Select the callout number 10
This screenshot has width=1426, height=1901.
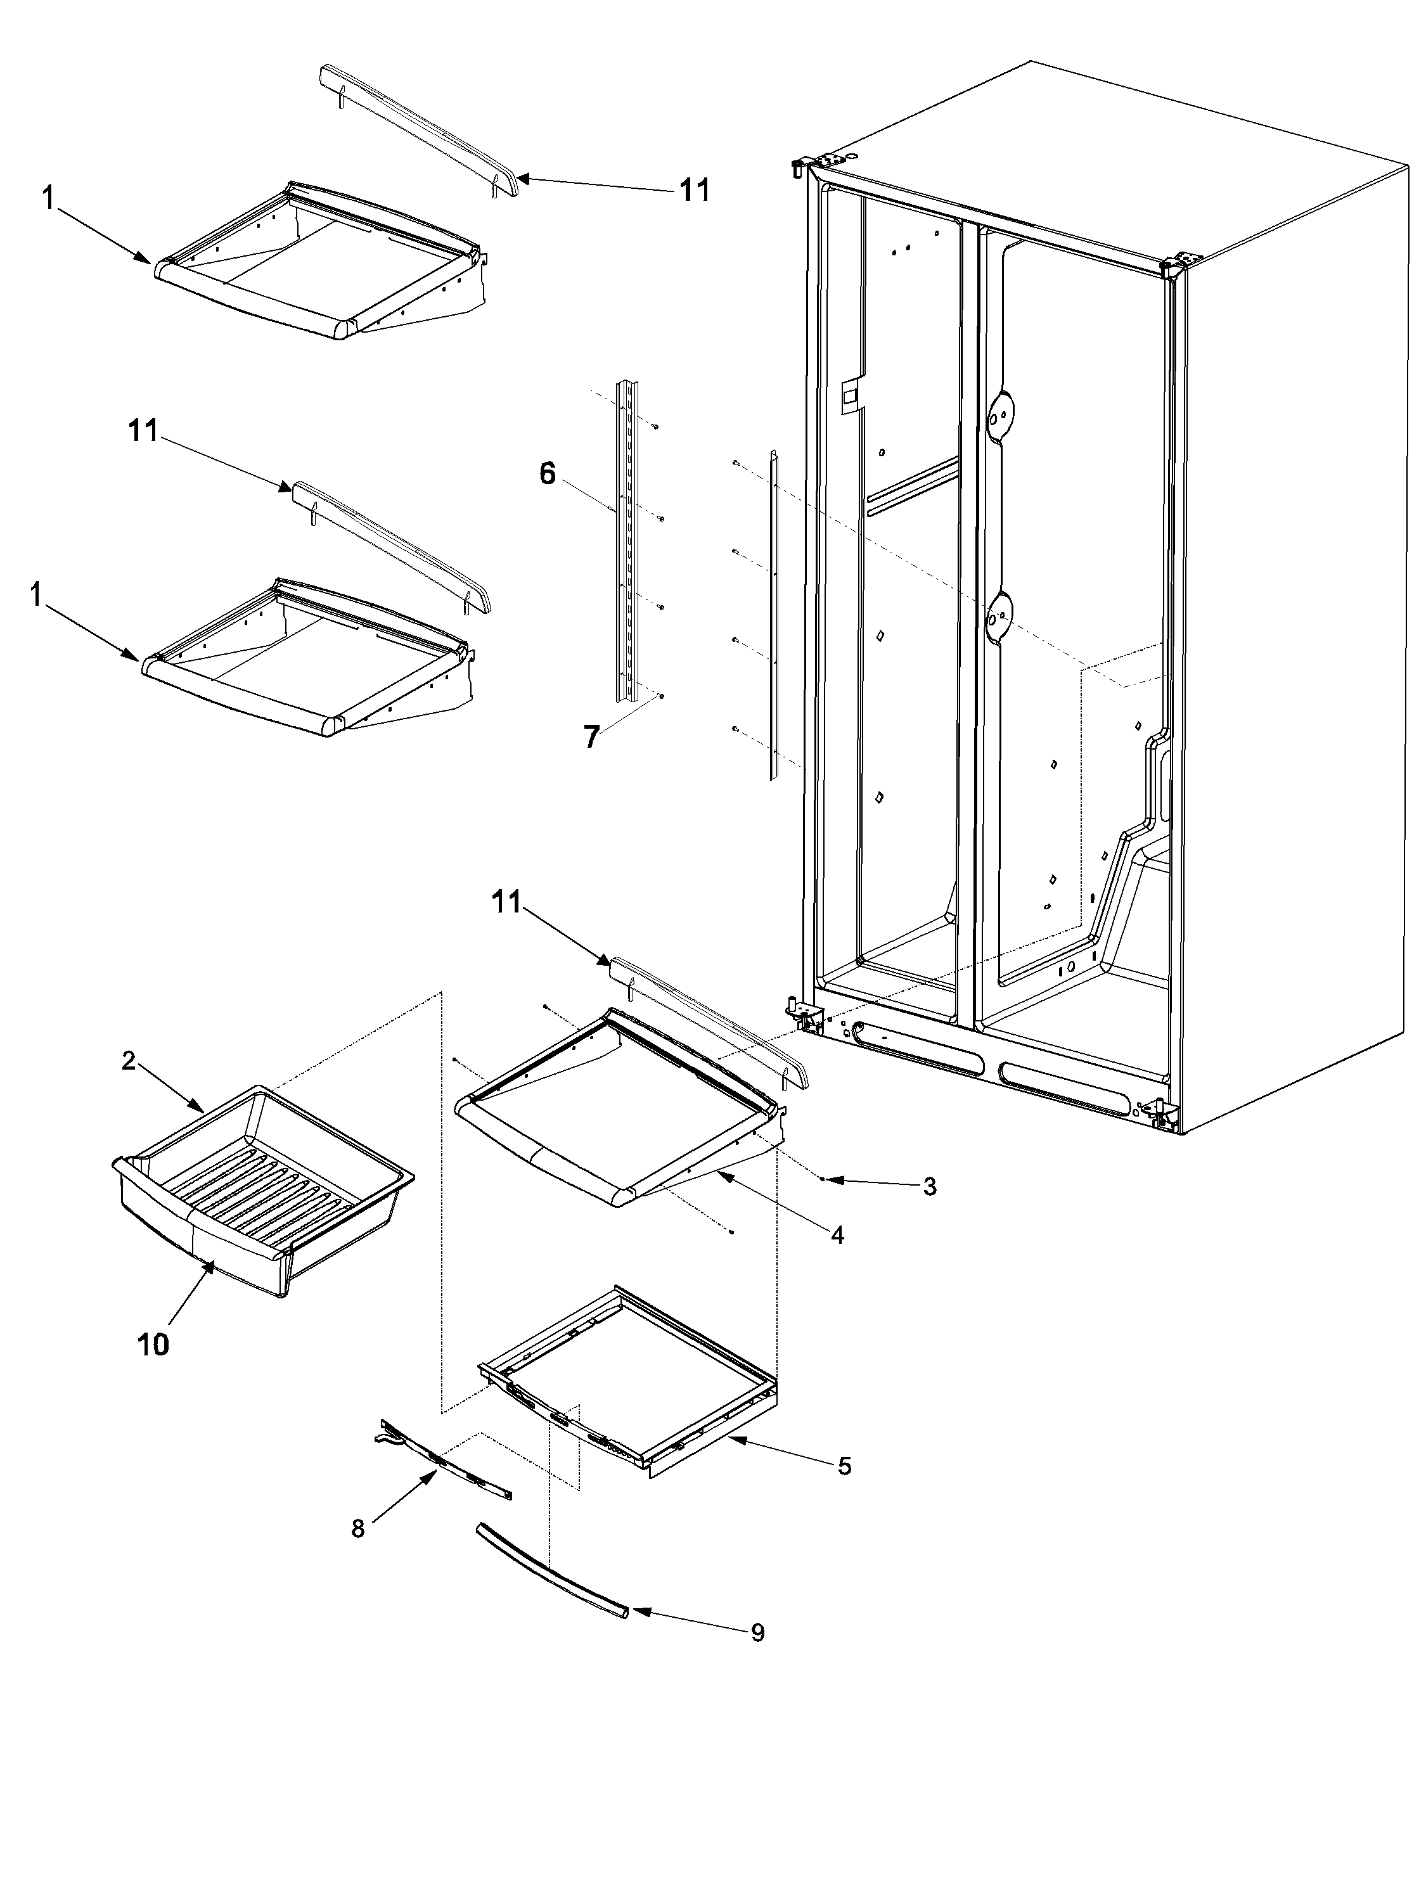(x=153, y=1344)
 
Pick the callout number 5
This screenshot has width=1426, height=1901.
(x=844, y=1466)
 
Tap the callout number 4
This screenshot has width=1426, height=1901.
(x=837, y=1235)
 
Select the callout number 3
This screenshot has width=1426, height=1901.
(x=929, y=1187)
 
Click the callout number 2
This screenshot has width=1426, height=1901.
(x=128, y=1061)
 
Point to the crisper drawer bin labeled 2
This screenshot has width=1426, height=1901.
(x=258, y=1186)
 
